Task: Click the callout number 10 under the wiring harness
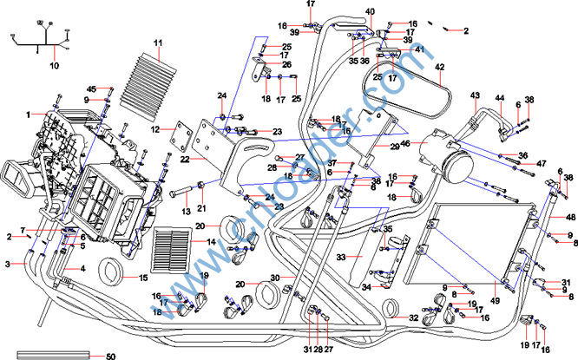point(54,65)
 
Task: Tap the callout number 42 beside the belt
point(439,67)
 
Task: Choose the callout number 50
point(110,356)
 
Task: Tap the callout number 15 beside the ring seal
point(144,278)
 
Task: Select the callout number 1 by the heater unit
point(28,114)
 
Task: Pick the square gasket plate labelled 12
point(183,135)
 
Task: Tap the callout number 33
point(341,258)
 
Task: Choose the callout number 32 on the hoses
point(414,319)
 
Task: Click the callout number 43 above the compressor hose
point(475,95)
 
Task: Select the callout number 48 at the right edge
point(570,217)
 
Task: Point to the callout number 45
point(91,89)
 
